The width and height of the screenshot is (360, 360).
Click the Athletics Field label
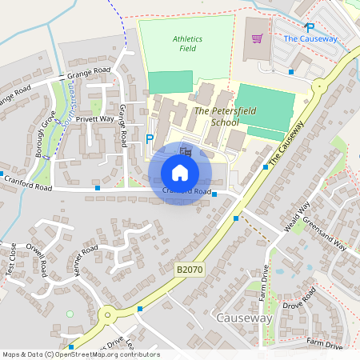(x=187, y=43)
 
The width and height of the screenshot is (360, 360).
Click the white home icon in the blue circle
(x=179, y=172)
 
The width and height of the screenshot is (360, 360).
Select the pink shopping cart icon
(x=257, y=38)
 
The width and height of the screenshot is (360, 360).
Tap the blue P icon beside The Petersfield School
(x=149, y=138)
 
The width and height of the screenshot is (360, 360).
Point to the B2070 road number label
(x=190, y=271)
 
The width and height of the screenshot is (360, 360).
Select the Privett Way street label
(x=94, y=118)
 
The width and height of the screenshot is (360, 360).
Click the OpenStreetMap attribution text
(x=81, y=354)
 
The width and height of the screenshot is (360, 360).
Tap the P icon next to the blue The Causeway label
(x=310, y=26)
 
